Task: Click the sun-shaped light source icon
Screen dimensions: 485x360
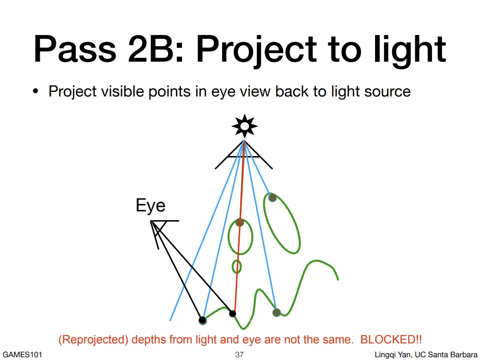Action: click(244, 126)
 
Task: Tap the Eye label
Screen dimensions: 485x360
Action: click(151, 206)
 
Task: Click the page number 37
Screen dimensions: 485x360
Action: click(239, 354)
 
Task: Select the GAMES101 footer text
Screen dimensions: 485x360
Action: click(22, 354)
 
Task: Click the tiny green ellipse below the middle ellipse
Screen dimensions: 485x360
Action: click(236, 267)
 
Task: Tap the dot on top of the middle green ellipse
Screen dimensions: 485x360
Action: click(240, 222)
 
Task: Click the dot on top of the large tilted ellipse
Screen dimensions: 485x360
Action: click(272, 198)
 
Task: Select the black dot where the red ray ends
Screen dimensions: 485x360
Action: click(233, 314)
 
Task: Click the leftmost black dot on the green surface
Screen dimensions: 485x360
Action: click(202, 320)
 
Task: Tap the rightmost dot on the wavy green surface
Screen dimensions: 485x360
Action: click(277, 312)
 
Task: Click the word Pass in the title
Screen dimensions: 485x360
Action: click(75, 49)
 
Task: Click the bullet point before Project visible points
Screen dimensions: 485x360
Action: click(36, 91)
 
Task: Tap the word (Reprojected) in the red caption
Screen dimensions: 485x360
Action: click(93, 340)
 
